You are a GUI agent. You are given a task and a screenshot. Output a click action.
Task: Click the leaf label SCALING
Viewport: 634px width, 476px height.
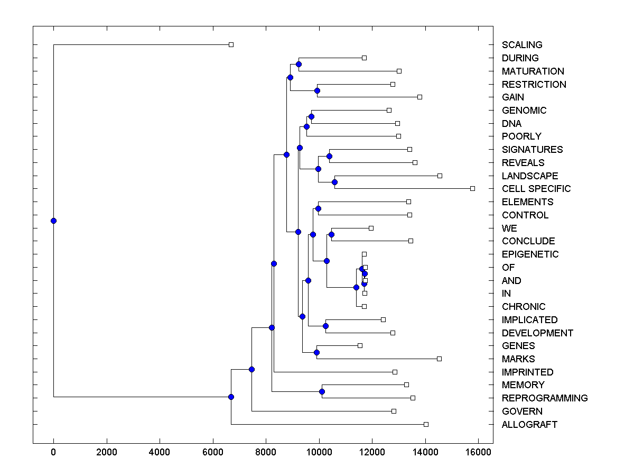pyautogui.click(x=522, y=45)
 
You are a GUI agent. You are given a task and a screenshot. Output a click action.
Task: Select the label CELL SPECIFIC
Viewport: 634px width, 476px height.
pyautogui.click(x=536, y=189)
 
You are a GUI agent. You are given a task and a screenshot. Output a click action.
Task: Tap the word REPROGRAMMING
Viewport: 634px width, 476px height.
pyautogui.click(x=545, y=398)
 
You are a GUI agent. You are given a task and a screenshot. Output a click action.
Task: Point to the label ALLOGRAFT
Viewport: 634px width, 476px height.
pyautogui.click(x=529, y=425)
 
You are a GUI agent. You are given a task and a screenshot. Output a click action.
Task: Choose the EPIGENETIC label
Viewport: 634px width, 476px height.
pyautogui.click(x=530, y=254)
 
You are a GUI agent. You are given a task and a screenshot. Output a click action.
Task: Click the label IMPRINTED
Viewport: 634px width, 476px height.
pyautogui.click(x=528, y=372)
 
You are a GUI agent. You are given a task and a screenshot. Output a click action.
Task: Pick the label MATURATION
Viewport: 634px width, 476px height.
pyautogui.click(x=533, y=71)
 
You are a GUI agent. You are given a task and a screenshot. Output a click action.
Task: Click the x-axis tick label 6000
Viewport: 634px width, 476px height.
pyautogui.click(x=213, y=451)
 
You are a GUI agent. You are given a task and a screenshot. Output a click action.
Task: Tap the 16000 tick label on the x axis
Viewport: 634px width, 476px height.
pyautogui.click(x=479, y=451)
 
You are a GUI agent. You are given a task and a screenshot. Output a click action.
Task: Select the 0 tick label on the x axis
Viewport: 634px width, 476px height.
pyautogui.click(x=53, y=451)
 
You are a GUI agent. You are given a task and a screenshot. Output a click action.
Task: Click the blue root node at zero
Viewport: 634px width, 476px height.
pyautogui.click(x=53, y=221)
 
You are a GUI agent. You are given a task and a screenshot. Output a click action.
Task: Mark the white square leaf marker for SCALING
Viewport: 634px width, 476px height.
pyautogui.click(x=231, y=45)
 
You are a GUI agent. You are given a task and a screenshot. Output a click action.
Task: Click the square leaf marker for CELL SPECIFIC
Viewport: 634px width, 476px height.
pyautogui.click(x=472, y=189)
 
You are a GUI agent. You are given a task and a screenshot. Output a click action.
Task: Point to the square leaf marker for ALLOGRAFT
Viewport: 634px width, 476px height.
pyautogui.click(x=426, y=425)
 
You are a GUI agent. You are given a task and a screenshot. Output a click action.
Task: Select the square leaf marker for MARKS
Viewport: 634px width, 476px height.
pyautogui.click(x=439, y=359)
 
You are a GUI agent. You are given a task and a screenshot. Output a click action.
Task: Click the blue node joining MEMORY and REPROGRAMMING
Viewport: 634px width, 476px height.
pyautogui.click(x=322, y=392)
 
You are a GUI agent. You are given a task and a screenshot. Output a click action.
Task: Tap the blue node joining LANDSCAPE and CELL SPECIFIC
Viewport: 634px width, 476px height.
pyautogui.click(x=334, y=182)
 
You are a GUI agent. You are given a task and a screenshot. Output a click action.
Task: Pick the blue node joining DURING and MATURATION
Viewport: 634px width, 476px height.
pyautogui.click(x=299, y=65)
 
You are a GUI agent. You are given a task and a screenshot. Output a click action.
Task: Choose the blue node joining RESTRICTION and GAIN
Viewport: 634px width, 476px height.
pyautogui.click(x=317, y=90)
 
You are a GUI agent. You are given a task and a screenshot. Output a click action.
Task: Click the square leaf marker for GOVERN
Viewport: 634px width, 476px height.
pyautogui.click(x=394, y=411)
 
